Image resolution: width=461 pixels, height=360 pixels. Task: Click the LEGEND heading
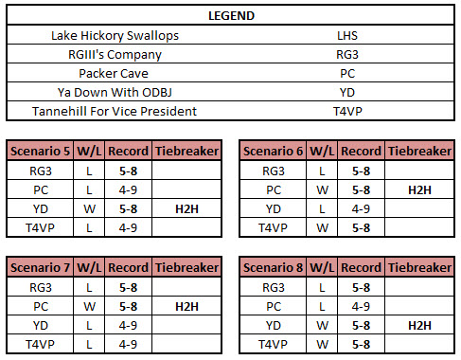[x=230, y=16]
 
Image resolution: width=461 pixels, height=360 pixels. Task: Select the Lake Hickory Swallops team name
[x=115, y=35]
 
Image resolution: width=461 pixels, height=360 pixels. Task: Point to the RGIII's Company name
[x=115, y=54]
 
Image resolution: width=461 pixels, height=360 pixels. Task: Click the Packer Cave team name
[x=115, y=73]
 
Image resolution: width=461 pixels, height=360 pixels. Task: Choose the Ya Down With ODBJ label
[x=115, y=92]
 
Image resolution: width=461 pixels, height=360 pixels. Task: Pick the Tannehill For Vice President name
[x=115, y=111]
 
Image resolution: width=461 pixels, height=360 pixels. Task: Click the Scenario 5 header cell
[x=40, y=152]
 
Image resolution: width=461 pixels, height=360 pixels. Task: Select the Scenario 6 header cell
[x=273, y=152]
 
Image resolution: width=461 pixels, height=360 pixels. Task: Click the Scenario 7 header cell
[x=40, y=268]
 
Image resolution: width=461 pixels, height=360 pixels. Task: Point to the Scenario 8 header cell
[x=273, y=268]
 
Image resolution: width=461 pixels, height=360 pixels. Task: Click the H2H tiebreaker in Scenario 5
[x=186, y=208]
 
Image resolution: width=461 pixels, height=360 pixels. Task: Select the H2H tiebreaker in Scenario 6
[x=418, y=189]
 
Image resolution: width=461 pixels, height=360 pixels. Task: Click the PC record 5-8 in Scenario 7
[x=127, y=306]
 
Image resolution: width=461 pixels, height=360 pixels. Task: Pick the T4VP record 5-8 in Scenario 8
[x=360, y=344]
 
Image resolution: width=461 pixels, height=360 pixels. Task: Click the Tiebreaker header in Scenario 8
[x=418, y=268]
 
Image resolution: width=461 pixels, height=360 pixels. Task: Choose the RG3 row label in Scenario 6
[x=273, y=171]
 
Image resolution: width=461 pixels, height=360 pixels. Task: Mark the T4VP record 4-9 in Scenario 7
[x=127, y=344]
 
